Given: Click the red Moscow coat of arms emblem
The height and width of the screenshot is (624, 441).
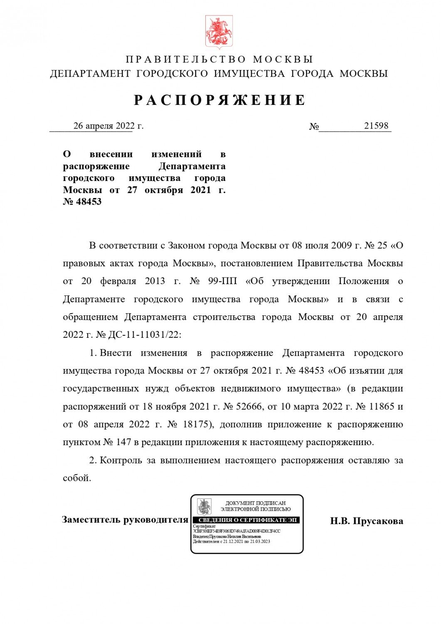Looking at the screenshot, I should (219, 32).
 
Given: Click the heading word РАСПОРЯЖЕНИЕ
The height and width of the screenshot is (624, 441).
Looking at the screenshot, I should (220, 100).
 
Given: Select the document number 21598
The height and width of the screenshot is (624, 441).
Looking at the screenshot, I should (376, 126).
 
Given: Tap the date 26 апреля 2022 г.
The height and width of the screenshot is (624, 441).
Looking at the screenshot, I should (108, 126).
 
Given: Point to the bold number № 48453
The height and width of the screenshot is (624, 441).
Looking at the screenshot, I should (82, 202).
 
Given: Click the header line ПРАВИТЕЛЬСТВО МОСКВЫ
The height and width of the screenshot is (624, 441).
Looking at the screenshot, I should (219, 59).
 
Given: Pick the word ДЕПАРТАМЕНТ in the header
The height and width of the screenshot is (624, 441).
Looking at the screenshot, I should (90, 74).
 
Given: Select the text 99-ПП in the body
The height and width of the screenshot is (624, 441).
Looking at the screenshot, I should (222, 281).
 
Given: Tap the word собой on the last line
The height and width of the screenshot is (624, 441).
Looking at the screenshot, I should (76, 478).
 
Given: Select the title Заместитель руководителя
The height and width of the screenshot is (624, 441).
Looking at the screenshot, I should (125, 520).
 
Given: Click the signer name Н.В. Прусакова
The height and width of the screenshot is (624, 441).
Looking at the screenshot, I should (366, 521).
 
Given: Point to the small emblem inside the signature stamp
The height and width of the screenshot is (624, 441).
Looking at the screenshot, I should (204, 506).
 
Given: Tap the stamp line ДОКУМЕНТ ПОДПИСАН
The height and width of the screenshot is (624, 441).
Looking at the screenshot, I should (255, 503).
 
